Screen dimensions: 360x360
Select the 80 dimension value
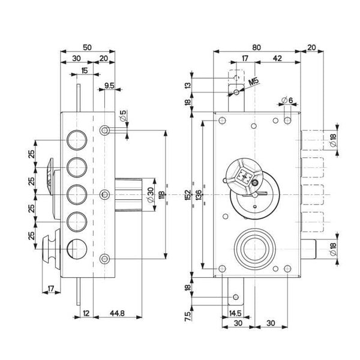[x=257, y=47]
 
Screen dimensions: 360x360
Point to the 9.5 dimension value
[x=110, y=86]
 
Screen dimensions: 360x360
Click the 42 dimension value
[x=277, y=58]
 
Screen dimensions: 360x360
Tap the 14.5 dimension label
[x=235, y=313]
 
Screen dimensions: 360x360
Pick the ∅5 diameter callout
[x=122, y=116]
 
